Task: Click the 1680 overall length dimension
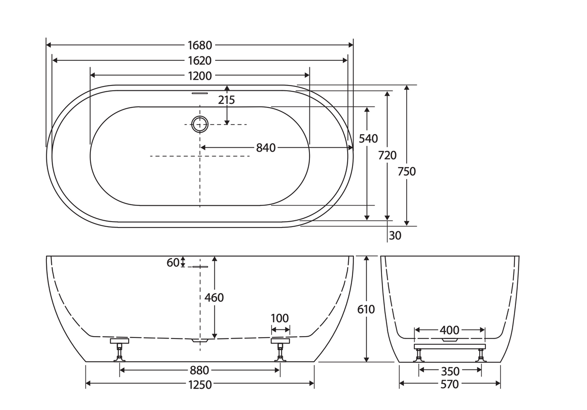point(200,45)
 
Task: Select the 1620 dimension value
point(200,61)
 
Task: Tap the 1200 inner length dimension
point(200,76)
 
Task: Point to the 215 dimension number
point(226,100)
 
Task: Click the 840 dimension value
point(265,148)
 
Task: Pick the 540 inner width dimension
point(368,139)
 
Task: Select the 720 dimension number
point(387,156)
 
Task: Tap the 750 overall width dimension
point(407,171)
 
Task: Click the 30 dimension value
point(395,236)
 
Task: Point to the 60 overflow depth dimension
point(173,263)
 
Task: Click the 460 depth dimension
point(214,297)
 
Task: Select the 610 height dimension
point(367,309)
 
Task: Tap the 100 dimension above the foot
point(279,318)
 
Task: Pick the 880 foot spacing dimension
point(199,370)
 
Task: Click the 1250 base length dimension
point(200,384)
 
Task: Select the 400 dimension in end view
point(449,330)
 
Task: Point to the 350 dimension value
point(450,371)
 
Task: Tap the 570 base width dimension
point(449,384)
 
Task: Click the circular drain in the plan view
point(200,124)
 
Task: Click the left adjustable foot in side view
point(119,349)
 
